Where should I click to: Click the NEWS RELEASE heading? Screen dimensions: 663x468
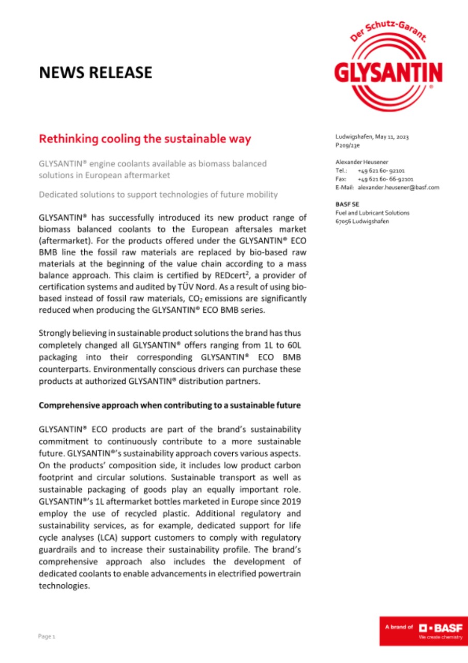96,73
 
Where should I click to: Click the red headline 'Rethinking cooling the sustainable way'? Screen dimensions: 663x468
145,139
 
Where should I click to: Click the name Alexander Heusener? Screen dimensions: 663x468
361,162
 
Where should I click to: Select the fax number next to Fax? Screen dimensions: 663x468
384,179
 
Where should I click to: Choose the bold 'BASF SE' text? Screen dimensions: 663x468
345,204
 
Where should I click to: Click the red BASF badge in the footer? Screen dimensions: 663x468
423,630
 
